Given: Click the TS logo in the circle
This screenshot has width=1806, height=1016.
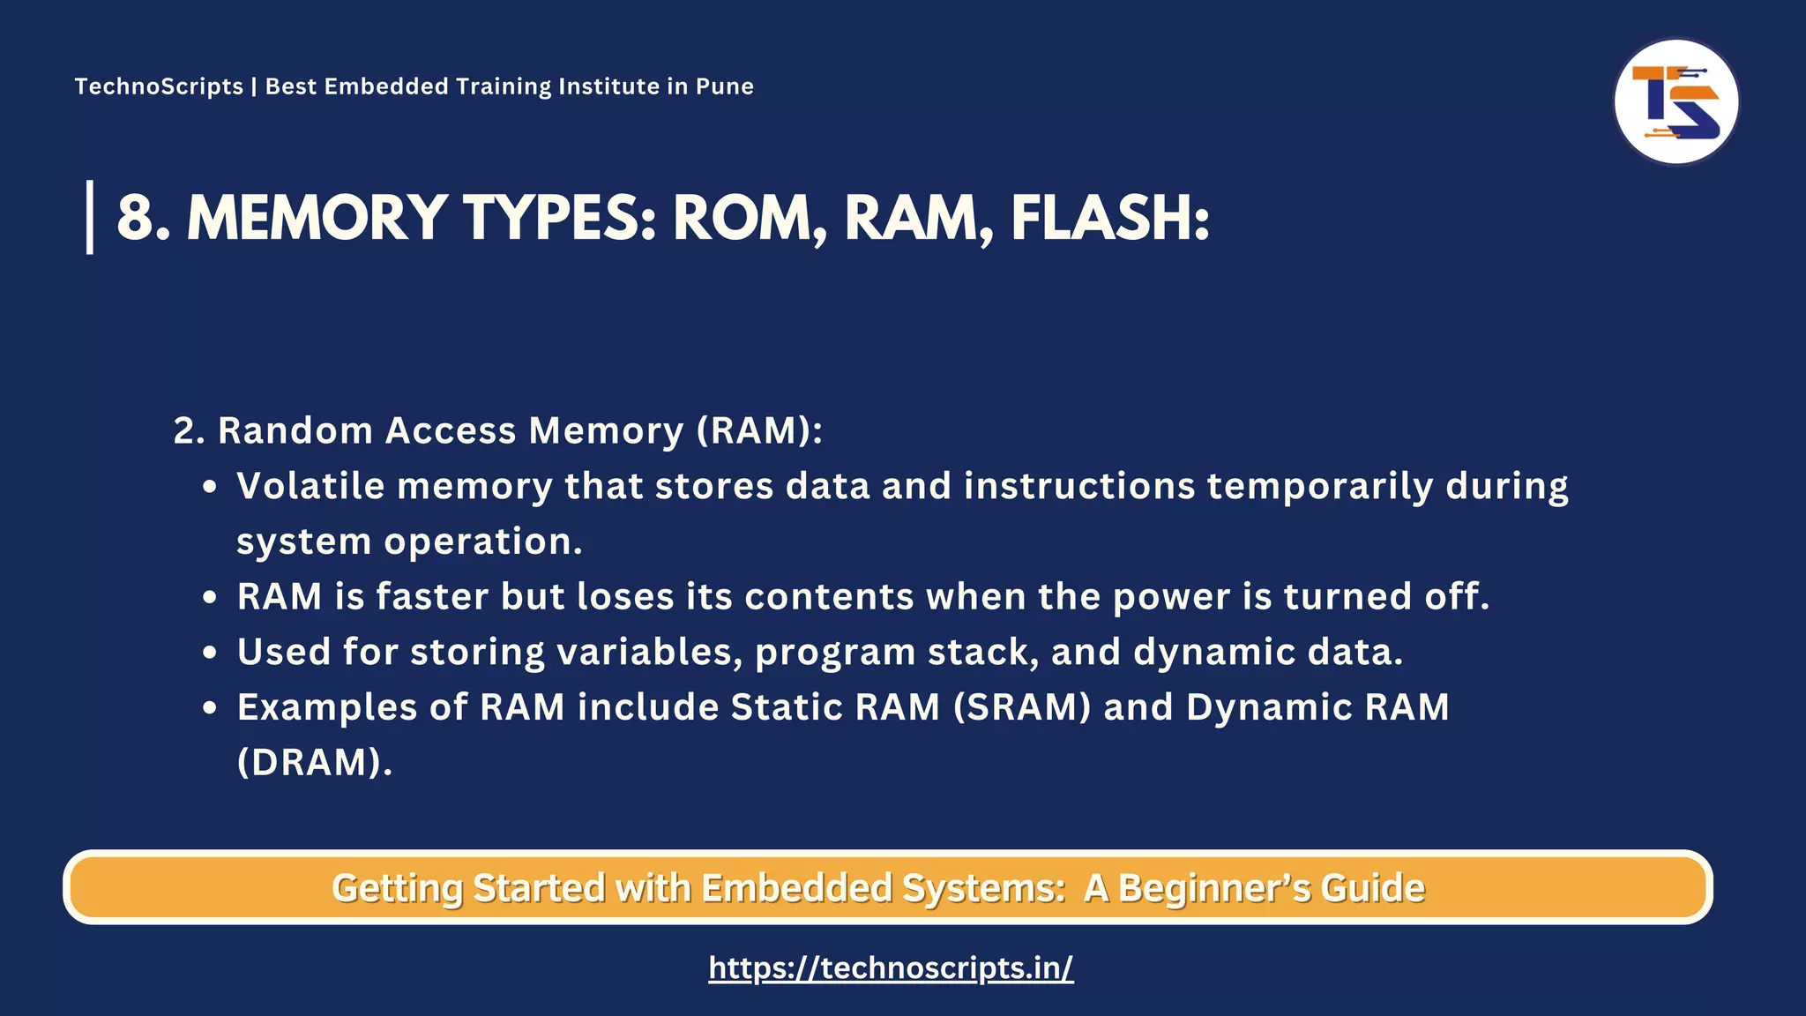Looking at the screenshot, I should coord(1675,102).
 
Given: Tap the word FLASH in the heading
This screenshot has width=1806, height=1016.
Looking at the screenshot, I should coord(1109,218).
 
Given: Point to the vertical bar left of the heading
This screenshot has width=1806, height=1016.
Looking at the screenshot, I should coord(90,217).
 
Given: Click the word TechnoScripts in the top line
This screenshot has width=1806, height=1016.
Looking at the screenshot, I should coord(159,86).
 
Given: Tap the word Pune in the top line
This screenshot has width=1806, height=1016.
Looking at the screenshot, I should coord(724,86).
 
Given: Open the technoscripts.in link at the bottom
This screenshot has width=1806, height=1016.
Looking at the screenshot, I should coord(891,967).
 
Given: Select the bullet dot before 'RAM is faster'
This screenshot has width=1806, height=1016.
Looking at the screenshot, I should coord(210,597).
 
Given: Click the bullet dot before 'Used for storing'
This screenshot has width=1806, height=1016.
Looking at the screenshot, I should coord(210,653).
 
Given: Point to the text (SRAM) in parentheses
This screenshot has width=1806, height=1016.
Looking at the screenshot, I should coord(1022,707).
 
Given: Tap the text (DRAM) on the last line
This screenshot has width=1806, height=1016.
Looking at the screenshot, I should coord(314,762).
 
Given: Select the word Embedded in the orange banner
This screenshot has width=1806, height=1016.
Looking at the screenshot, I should coord(796,888).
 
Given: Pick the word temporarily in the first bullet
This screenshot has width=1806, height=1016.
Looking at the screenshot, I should coord(1319,486).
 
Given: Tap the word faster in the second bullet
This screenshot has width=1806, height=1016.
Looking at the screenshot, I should coord(432,597).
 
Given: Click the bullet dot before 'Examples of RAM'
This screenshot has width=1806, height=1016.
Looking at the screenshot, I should coord(210,707).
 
